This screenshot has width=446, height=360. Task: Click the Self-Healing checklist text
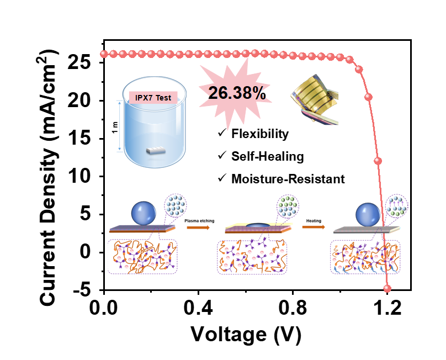(268, 156)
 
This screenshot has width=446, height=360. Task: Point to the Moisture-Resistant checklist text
(288, 179)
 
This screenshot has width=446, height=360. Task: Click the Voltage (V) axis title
(246, 333)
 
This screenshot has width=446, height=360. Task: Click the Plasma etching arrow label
(200, 220)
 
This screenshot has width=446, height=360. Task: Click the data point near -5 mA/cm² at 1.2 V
(387, 288)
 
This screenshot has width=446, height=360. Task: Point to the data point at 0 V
(104, 54)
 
